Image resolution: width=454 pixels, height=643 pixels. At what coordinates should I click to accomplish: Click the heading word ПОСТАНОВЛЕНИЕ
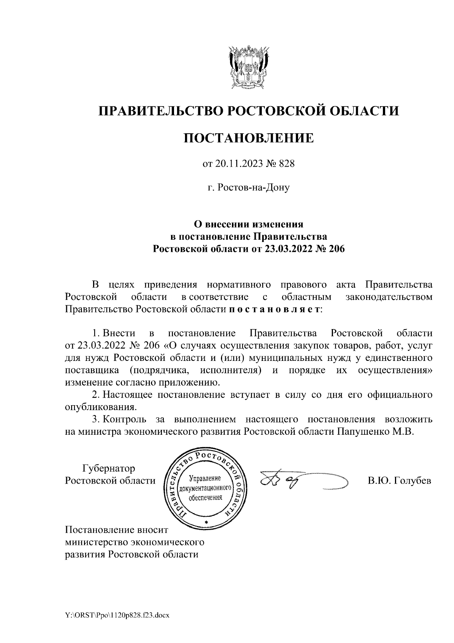point(249,138)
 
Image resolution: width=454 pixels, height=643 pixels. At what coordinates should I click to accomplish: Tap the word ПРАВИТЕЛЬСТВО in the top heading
point(159,111)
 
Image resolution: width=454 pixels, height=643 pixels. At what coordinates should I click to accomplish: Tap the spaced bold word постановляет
point(275,309)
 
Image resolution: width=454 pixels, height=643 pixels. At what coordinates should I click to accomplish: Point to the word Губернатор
point(109,468)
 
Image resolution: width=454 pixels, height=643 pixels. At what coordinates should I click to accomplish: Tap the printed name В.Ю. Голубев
point(399,481)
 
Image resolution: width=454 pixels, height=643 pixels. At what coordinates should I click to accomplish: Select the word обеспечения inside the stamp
point(205,498)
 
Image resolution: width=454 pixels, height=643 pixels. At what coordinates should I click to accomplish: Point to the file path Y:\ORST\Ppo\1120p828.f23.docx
point(117,616)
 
